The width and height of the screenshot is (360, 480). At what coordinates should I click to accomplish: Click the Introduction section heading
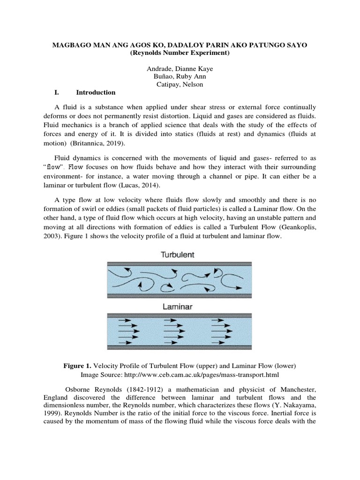click(96, 92)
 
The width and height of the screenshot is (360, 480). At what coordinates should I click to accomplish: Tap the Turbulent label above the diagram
click(180, 255)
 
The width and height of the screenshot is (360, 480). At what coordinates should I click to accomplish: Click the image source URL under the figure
click(212, 375)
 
